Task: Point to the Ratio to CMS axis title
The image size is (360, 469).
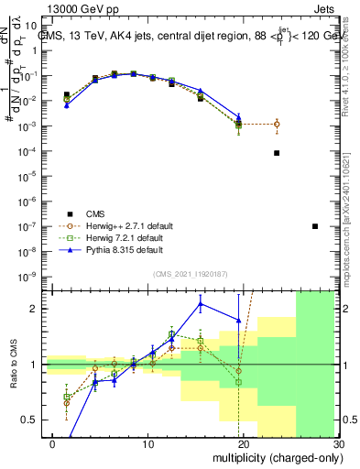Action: (x=12, y=364)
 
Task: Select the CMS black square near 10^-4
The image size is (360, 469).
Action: (x=277, y=153)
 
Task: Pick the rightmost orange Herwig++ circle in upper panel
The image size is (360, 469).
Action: (x=277, y=124)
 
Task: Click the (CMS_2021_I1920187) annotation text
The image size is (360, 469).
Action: (x=193, y=274)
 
